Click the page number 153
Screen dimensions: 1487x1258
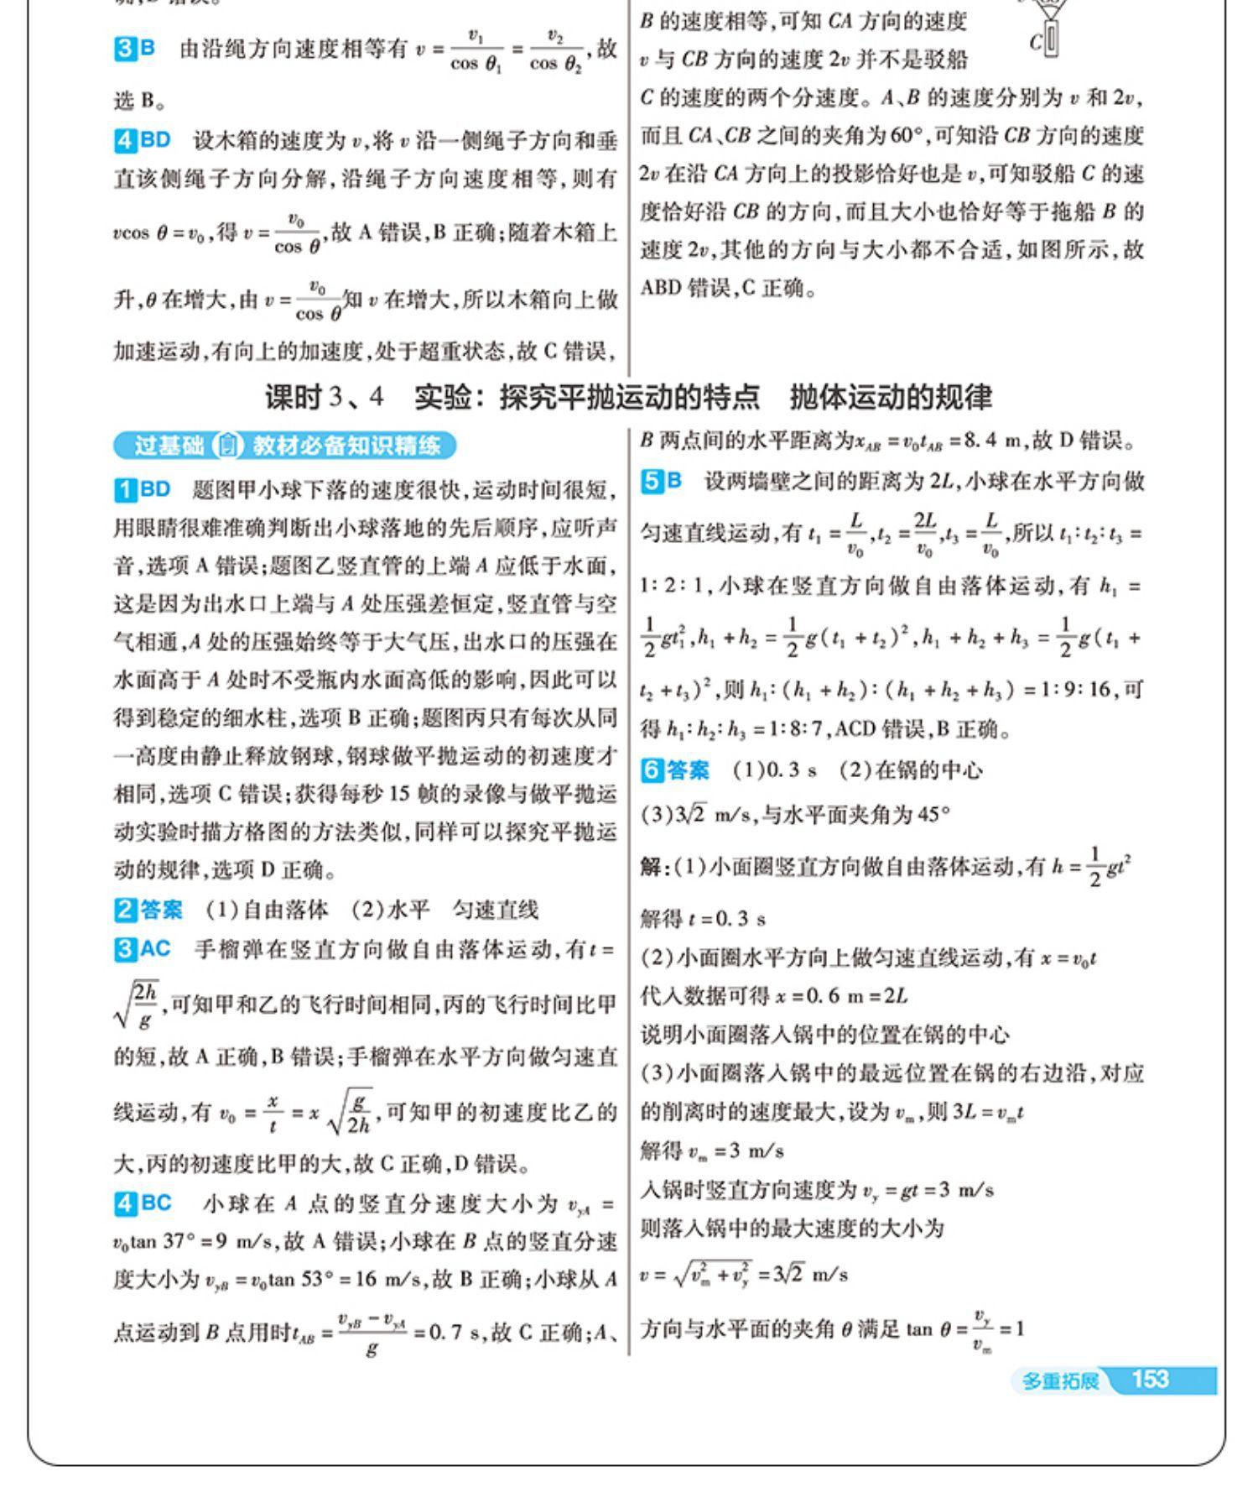(1150, 1379)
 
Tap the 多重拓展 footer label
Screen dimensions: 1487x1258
(1059, 1380)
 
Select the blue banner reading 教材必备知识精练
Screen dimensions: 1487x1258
(346, 445)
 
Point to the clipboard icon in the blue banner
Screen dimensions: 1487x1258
(226, 445)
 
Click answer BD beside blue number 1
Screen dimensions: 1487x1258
(155, 489)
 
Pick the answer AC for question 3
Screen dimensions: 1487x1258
(155, 949)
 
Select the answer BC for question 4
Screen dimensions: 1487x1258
(155, 1203)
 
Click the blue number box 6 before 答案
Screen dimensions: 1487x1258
(651, 770)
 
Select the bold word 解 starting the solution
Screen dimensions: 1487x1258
(650, 867)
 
